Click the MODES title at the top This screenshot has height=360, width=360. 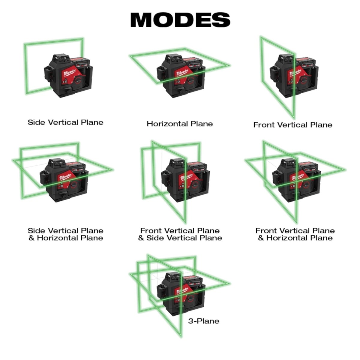tap(180, 19)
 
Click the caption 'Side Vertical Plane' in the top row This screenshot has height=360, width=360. tap(65, 122)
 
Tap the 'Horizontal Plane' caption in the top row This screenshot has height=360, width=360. tap(180, 124)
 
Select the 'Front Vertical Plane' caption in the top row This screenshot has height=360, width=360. tap(293, 125)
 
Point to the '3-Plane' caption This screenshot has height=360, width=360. tap(204, 321)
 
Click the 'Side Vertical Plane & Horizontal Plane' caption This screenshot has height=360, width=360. tap(65, 234)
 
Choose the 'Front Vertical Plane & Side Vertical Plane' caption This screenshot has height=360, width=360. tap(180, 234)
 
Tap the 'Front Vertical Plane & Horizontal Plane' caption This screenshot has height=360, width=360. tap(295, 234)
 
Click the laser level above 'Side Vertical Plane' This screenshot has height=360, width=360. tap(67, 75)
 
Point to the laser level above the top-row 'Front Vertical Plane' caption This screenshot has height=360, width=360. tap(294, 75)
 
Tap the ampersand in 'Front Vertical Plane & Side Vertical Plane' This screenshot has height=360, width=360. tap(141, 238)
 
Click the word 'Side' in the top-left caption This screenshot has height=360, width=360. tap(35, 122)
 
